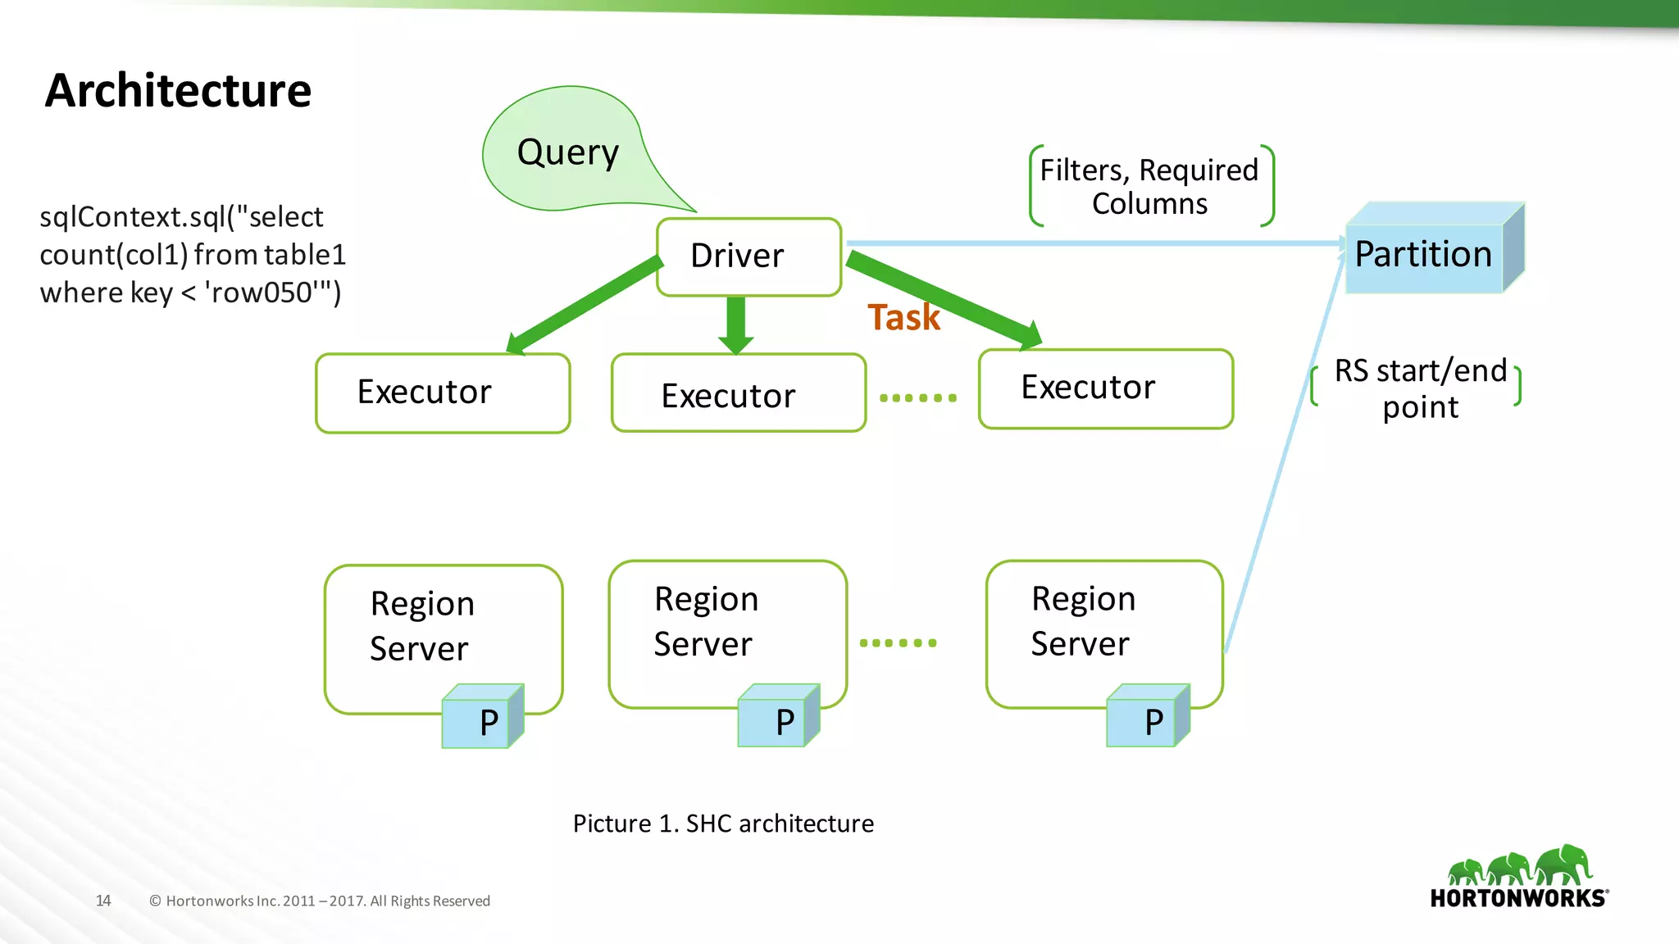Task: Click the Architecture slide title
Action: [x=178, y=90]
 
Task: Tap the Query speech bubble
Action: [x=567, y=152]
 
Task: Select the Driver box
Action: [x=748, y=256]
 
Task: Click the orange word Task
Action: [x=903, y=318]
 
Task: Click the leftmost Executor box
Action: [x=443, y=393]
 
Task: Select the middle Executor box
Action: [x=738, y=394]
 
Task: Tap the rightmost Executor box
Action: [x=1105, y=388]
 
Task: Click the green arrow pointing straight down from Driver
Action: [x=735, y=324]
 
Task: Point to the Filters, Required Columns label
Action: [x=1149, y=187]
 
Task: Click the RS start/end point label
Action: [x=1420, y=388]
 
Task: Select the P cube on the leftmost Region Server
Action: [x=481, y=719]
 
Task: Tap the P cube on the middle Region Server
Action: [x=777, y=718]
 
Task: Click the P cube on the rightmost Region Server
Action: [x=1146, y=718]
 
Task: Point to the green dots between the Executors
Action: [x=917, y=398]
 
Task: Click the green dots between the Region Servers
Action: [x=898, y=643]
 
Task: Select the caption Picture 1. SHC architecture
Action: [x=723, y=824]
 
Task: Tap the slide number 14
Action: [x=103, y=901]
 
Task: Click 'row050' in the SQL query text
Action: [x=262, y=293]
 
